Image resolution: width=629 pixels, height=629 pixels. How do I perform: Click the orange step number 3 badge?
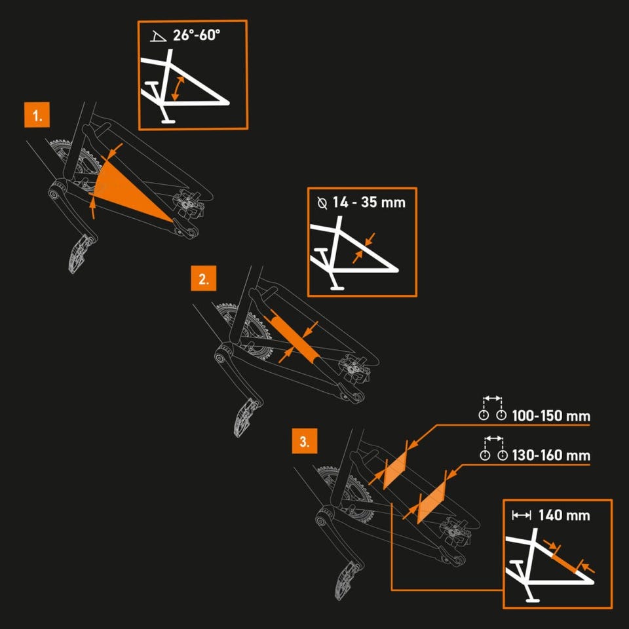[304, 441]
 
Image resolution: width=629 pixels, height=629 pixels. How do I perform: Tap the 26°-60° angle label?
[197, 35]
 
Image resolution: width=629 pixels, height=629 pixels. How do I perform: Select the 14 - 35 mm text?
[369, 202]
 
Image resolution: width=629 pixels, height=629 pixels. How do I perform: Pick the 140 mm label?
[563, 515]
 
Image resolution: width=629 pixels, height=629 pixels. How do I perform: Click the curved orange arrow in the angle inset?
[177, 88]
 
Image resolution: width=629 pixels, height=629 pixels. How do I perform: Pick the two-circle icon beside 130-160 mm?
[493, 450]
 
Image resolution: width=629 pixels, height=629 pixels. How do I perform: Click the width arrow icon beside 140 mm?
[522, 516]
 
